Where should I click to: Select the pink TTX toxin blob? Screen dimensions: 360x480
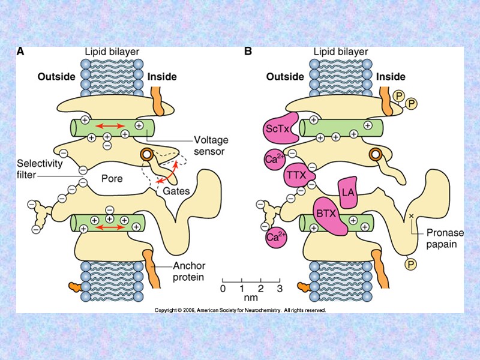click(295, 176)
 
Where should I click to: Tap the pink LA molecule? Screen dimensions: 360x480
click(347, 192)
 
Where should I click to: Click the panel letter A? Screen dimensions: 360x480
click(20, 52)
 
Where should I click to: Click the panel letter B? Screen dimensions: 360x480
click(248, 52)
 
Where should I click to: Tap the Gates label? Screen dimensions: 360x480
click(177, 191)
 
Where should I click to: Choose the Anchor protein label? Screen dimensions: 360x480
click(188, 272)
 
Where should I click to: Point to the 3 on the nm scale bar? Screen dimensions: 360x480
click(279, 289)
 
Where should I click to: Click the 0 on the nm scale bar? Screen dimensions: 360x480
click(223, 289)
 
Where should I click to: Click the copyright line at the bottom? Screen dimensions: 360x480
click(240, 310)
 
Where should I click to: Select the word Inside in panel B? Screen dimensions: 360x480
click(391, 77)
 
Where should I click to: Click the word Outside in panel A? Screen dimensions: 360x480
click(56, 77)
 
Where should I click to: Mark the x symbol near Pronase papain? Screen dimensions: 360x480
click(411, 215)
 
